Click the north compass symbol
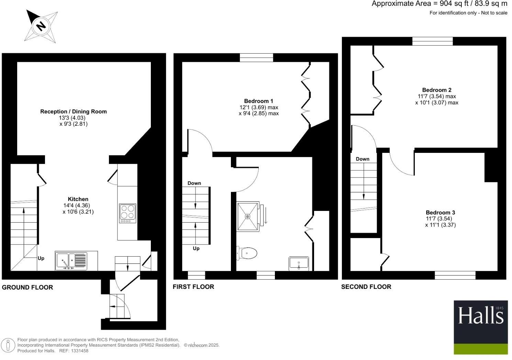click(41, 26)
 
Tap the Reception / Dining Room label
click(74, 112)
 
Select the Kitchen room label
click(78, 199)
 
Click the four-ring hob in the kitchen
click(127, 212)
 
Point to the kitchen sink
click(71, 261)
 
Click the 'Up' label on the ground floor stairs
click(41, 258)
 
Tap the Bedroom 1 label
click(258, 101)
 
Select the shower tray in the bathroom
click(247, 216)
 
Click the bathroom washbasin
click(299, 263)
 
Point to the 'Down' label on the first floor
click(194, 183)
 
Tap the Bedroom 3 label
click(440, 213)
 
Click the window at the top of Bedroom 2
click(432, 41)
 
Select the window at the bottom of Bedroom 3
click(455, 275)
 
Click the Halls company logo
click(480, 327)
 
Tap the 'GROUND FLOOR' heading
click(27, 288)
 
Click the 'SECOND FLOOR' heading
click(366, 287)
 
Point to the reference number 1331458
click(79, 351)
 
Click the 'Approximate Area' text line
click(439, 4)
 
